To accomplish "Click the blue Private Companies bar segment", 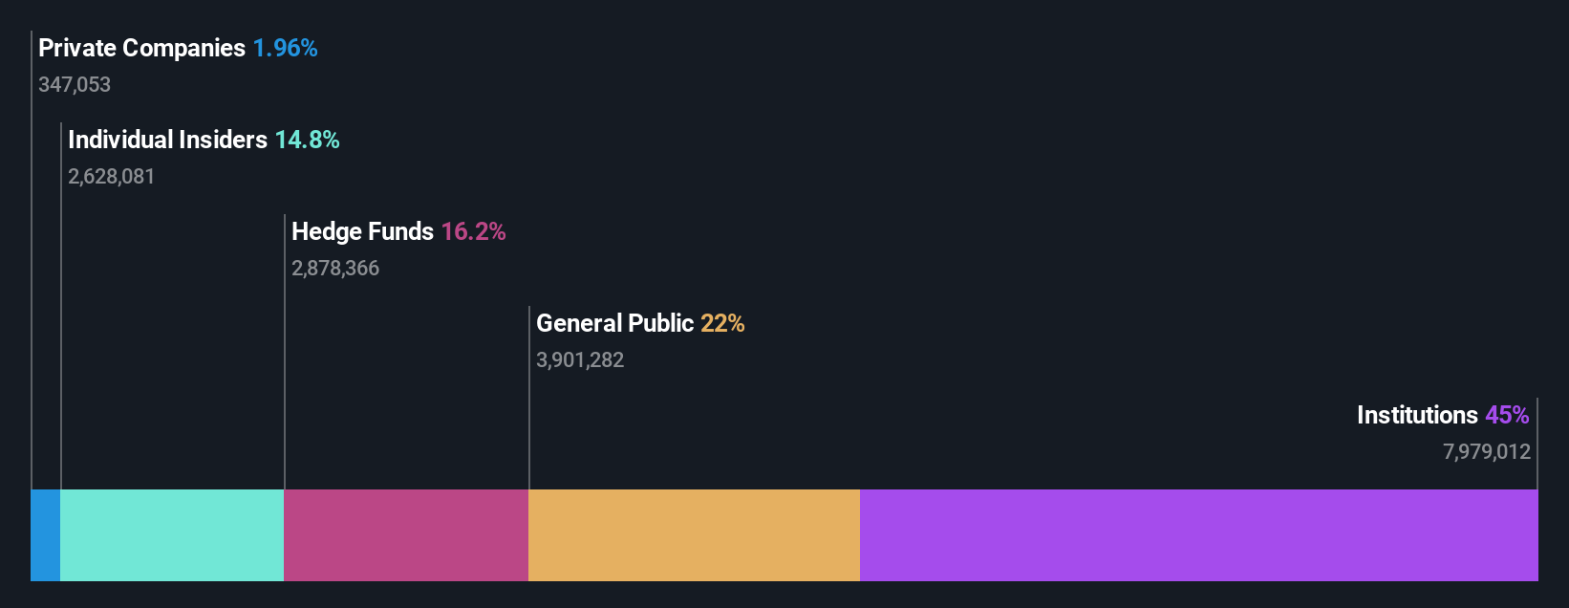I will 45,535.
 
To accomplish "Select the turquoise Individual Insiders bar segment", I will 172,535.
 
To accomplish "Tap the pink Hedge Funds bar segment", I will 406,535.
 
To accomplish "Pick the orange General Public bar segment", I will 694,535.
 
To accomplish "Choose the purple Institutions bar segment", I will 1198,535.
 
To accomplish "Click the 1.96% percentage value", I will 285,48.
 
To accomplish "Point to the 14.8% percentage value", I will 307,140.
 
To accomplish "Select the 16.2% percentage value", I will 473,231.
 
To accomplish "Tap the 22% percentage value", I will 722,323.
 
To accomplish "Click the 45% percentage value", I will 1507,415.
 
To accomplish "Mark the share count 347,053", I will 75,85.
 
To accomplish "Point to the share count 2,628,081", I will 111,177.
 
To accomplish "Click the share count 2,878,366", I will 335,269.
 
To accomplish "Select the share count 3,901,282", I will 580,360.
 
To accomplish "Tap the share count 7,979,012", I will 1486,452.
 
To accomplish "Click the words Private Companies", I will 141,48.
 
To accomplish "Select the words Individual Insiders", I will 167,140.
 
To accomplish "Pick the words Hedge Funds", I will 362,231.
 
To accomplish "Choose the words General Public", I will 614,323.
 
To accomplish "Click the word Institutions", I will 1417,415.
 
